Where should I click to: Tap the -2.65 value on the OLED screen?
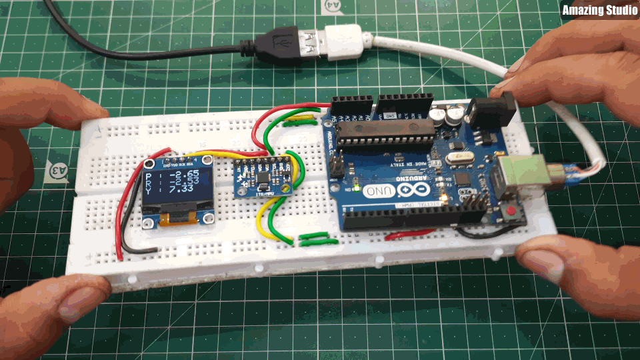(182, 175)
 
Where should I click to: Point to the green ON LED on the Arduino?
(358, 189)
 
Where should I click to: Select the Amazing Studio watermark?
(599, 10)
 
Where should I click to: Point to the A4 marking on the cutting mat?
(331, 6)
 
